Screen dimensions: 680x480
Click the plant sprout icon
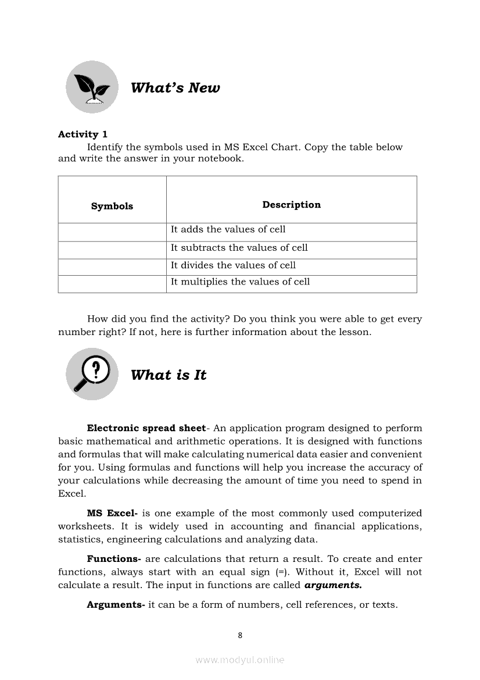click(x=92, y=87)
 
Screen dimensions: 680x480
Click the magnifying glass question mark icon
click(x=92, y=374)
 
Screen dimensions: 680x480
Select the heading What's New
click(x=175, y=88)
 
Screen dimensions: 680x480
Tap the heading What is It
click(x=169, y=375)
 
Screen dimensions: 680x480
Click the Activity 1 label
click(x=83, y=134)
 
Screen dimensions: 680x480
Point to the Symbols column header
click(x=112, y=206)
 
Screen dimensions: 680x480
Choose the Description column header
click(x=291, y=205)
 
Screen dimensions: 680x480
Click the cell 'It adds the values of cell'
click(x=228, y=230)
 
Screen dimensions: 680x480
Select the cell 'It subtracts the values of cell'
click(x=239, y=248)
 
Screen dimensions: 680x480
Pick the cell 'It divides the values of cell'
click(x=233, y=265)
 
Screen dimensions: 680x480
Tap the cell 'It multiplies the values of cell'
click(x=240, y=282)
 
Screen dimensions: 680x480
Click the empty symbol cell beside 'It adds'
click(x=112, y=232)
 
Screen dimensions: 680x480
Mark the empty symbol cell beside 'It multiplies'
click(x=112, y=284)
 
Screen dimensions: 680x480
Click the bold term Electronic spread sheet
click(x=146, y=429)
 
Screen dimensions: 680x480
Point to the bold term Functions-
click(x=114, y=559)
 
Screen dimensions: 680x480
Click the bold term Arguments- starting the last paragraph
click(x=116, y=605)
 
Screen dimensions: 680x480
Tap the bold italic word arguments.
click(x=333, y=585)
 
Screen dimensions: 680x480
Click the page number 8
click(x=240, y=635)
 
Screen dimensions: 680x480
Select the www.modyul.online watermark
click(x=240, y=660)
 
